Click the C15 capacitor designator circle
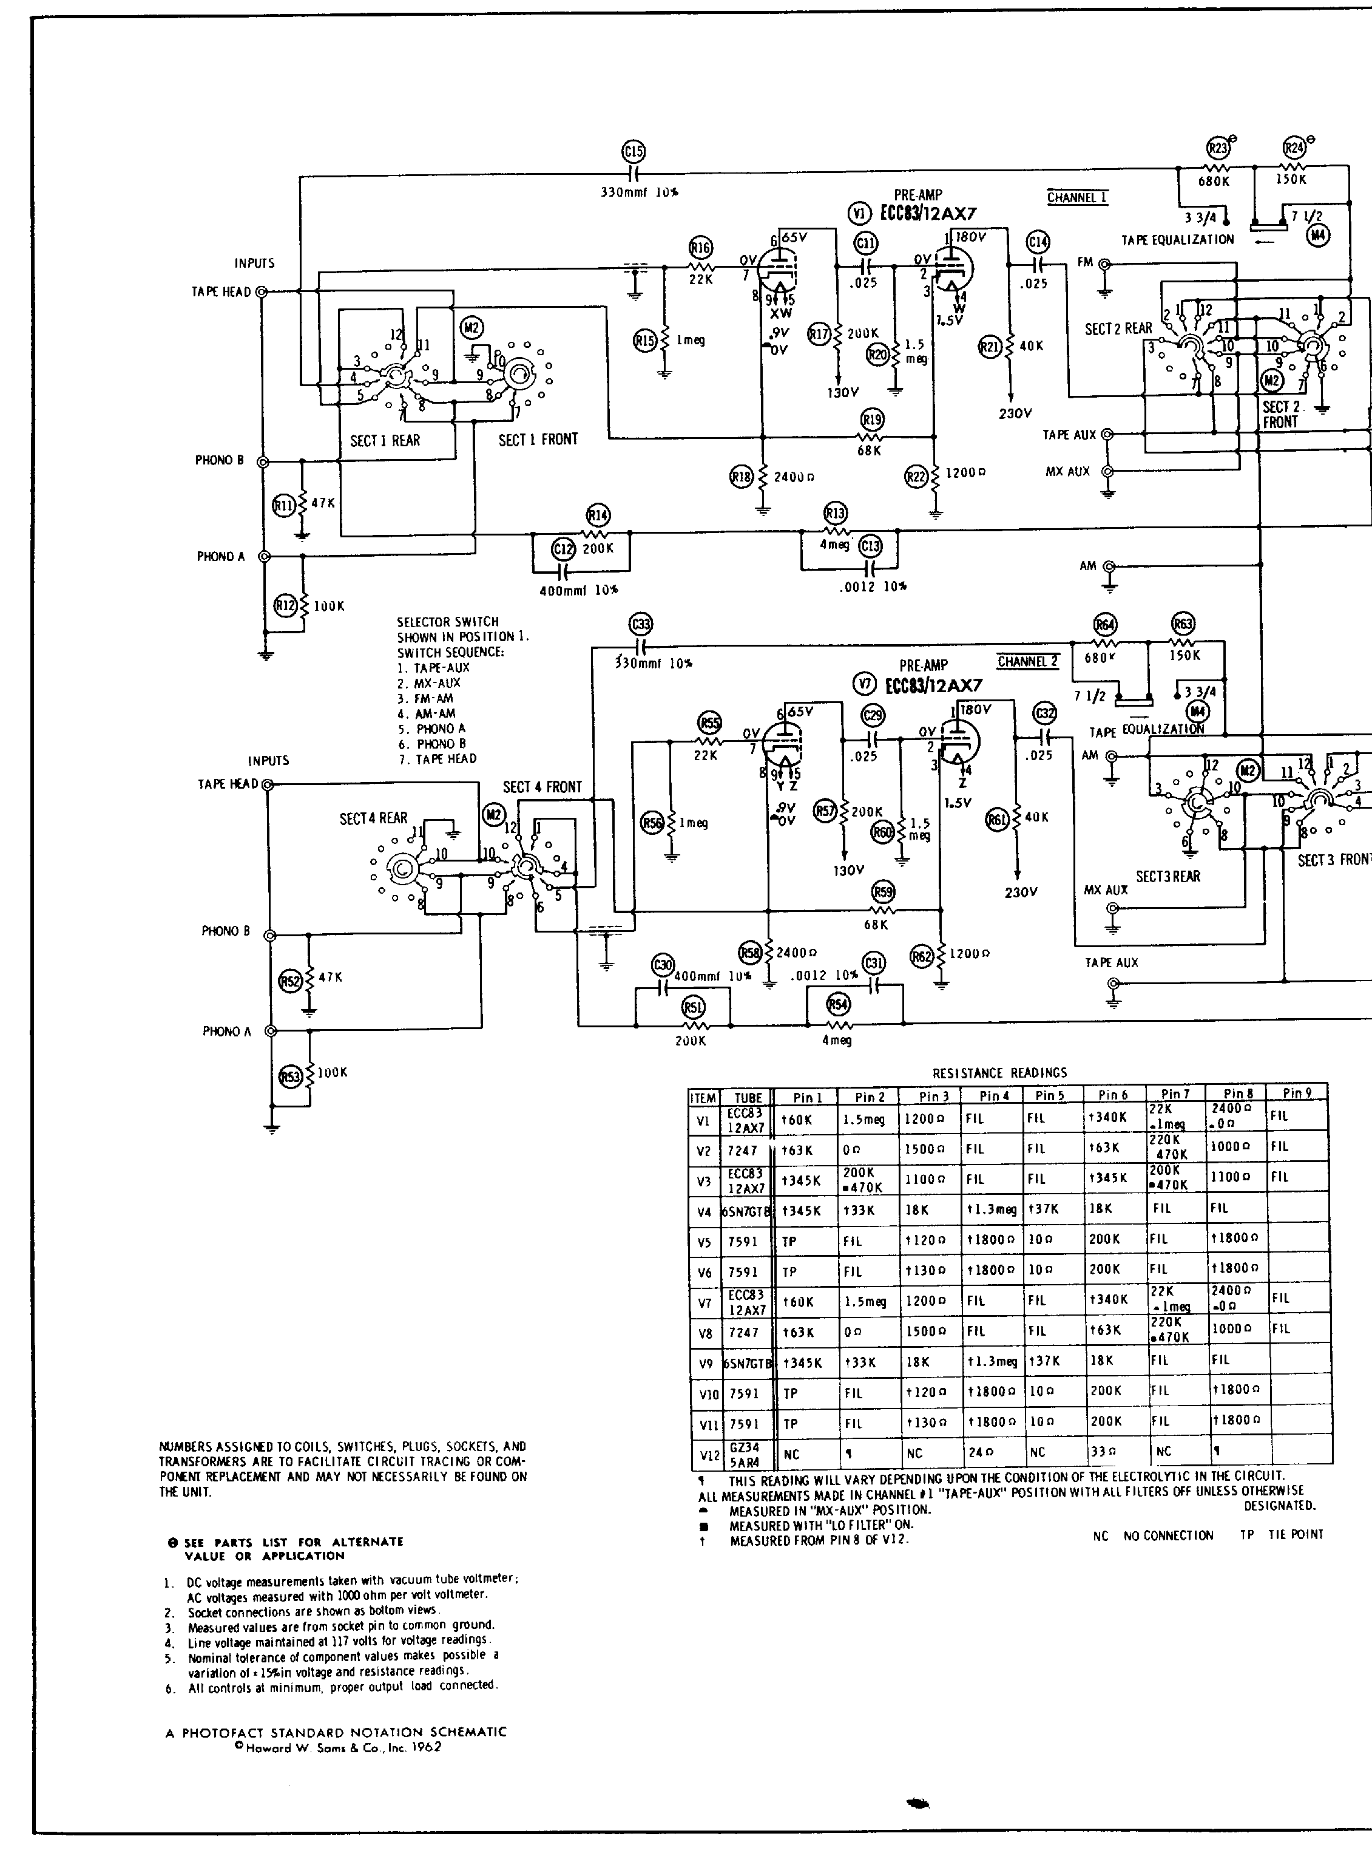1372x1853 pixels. pos(634,151)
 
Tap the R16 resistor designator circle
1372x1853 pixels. pos(700,248)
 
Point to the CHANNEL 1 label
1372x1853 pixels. pos(1077,198)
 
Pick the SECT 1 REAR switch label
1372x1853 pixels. pos(385,440)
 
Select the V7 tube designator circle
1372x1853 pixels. pos(865,684)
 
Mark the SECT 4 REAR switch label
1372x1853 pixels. pos(374,818)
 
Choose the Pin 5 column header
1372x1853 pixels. pos(1049,1096)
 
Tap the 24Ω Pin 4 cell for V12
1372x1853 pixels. pos(980,1452)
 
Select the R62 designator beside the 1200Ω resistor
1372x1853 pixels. pos(922,956)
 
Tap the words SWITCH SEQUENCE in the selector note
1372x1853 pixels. pos(450,652)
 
